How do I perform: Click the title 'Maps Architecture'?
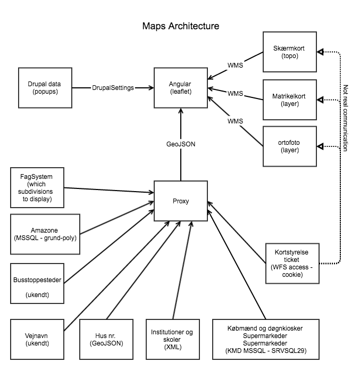pos(180,26)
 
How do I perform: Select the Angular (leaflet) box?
pos(180,87)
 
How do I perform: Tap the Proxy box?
pos(180,201)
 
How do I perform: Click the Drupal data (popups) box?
pos(45,87)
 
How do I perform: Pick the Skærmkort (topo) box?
pos(290,52)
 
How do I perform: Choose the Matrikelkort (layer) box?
pos(290,99)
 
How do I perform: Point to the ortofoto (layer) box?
pos(290,146)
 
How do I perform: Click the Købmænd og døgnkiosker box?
pos(265,339)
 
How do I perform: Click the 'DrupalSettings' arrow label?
pos(113,87)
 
